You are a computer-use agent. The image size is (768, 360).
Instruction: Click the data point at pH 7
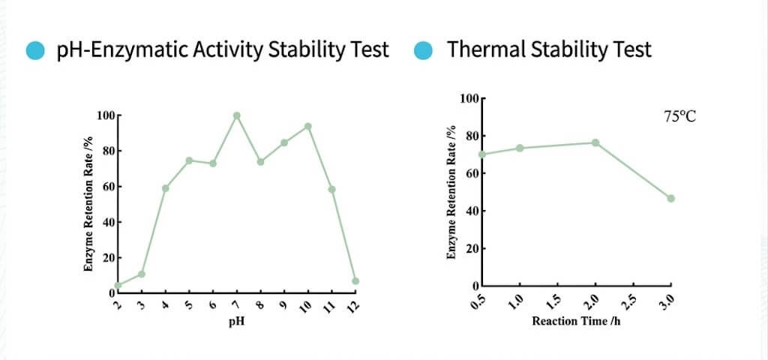236,115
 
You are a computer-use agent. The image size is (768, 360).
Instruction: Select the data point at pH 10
307,126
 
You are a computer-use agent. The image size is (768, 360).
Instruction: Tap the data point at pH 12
355,281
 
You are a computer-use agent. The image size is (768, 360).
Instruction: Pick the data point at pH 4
165,188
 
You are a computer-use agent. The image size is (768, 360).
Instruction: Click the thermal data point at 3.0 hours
670,199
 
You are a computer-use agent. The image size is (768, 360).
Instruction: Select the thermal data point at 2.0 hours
595,142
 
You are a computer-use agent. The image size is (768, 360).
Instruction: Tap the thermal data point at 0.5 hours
483,154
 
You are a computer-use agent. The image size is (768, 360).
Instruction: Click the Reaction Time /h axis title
576,321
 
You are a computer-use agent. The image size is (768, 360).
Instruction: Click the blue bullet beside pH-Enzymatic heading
35,50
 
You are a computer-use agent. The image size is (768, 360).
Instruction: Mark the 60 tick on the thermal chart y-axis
469,173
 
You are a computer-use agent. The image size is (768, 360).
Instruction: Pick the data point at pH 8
260,161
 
